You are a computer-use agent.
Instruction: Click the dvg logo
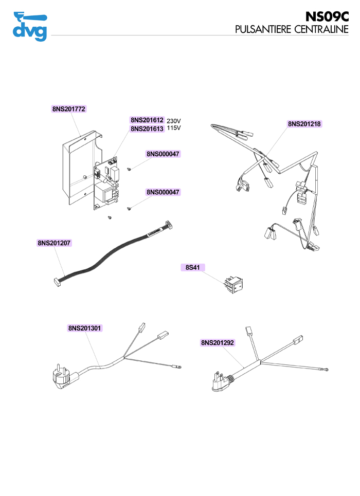(x=30, y=26)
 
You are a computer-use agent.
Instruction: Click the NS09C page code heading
(x=327, y=16)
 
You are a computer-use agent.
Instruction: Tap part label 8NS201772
(x=68, y=109)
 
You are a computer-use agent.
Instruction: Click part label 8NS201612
(x=147, y=120)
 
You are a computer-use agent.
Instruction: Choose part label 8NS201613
(x=147, y=128)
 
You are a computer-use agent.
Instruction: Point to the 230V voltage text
(x=174, y=121)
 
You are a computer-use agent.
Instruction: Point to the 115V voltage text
(x=174, y=128)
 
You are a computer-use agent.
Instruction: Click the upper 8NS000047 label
(x=163, y=154)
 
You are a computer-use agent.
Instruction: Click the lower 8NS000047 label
(x=163, y=192)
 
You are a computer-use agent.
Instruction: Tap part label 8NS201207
(x=54, y=243)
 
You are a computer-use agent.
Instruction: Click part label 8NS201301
(x=84, y=327)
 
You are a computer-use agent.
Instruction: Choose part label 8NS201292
(x=218, y=342)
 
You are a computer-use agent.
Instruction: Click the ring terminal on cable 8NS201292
(x=327, y=370)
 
